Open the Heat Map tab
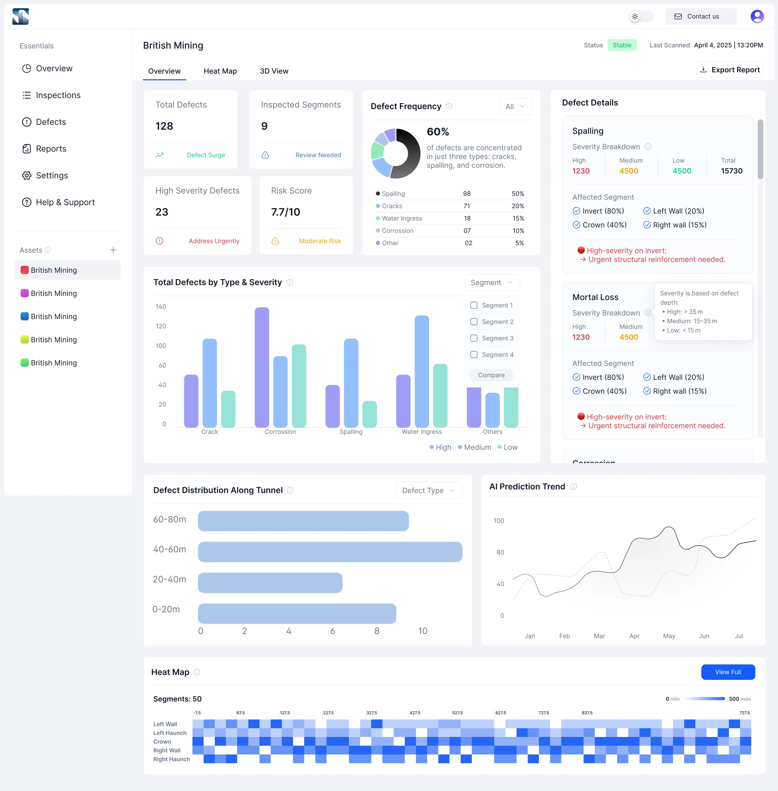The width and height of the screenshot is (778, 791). pyautogui.click(x=220, y=71)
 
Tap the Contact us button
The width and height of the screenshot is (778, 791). pyautogui.click(x=701, y=16)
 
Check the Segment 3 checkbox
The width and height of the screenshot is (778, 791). pyautogui.click(x=474, y=338)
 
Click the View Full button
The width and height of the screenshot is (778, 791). pyautogui.click(x=728, y=672)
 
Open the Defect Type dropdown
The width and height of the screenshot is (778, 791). pyautogui.click(x=429, y=490)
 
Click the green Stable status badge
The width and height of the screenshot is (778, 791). pyautogui.click(x=622, y=45)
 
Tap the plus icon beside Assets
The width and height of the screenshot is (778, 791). pyautogui.click(x=113, y=250)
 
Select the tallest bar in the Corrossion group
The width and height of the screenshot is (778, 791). pyautogui.click(x=262, y=367)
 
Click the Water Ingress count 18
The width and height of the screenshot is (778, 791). pyautogui.click(x=467, y=218)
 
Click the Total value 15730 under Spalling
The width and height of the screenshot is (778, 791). pyautogui.click(x=731, y=171)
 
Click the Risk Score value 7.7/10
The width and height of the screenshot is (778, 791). pyautogui.click(x=286, y=212)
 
